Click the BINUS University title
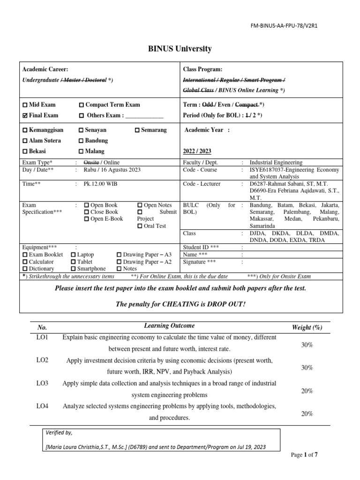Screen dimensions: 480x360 180,49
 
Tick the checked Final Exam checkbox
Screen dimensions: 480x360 25,115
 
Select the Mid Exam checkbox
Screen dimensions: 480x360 25,105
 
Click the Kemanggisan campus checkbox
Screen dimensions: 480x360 25,130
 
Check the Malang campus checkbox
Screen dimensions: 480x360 82,151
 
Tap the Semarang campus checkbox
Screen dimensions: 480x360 137,130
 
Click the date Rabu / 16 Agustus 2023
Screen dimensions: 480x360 112,170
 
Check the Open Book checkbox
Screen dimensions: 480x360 87,205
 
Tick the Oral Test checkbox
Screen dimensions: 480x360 141,226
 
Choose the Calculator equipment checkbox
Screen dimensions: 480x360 25,262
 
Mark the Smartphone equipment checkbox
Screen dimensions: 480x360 74,269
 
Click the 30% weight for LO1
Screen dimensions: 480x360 307,345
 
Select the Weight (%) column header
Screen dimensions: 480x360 307,327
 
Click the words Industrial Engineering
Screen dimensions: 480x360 276,162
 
